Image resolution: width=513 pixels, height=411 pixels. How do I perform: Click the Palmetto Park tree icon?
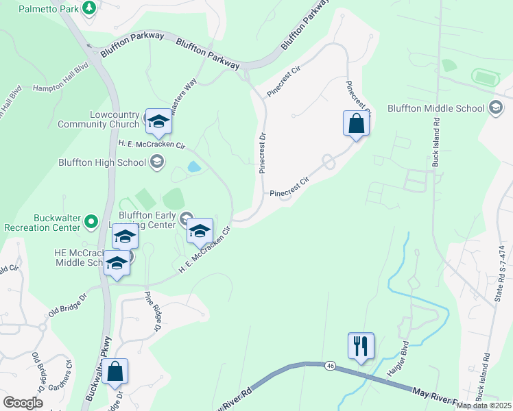(88, 8)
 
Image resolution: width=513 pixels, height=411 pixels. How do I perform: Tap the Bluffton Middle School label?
(436, 108)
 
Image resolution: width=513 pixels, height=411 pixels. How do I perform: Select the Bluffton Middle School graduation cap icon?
(495, 108)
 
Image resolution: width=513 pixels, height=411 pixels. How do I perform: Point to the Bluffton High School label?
(103, 162)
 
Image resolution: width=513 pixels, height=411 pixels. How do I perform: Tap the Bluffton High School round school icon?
(157, 162)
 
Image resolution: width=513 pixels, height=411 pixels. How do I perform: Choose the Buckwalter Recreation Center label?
(42, 222)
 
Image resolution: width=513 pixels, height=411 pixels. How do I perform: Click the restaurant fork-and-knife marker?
(361, 345)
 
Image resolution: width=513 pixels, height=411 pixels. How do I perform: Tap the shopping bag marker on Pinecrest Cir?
(356, 123)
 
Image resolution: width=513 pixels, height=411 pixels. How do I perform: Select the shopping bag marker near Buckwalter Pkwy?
(117, 371)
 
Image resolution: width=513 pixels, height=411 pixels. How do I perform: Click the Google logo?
(23, 402)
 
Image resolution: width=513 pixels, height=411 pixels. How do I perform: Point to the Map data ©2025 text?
(484, 406)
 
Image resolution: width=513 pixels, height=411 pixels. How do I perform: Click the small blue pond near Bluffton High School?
(194, 166)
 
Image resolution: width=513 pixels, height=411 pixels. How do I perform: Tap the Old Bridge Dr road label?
(68, 306)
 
